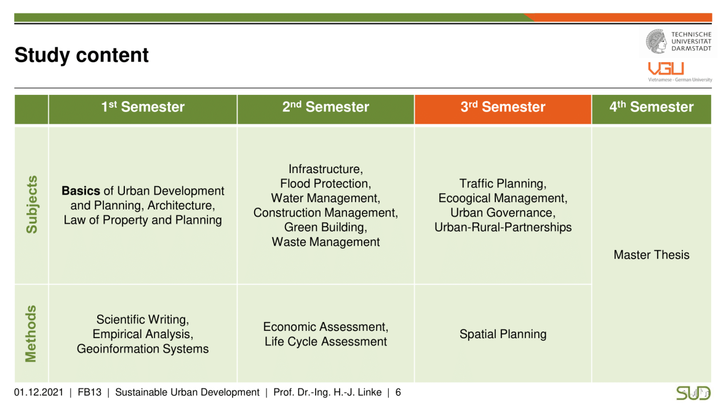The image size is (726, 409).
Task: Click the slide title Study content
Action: click(x=81, y=55)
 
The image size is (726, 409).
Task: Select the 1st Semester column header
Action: click(x=143, y=110)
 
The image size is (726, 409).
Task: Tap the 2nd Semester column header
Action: click(x=325, y=110)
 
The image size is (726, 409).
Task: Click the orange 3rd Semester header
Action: click(x=503, y=110)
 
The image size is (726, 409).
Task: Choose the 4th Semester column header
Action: click(x=652, y=110)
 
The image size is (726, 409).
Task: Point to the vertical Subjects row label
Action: click(x=31, y=204)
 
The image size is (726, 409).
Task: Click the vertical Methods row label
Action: click(x=31, y=334)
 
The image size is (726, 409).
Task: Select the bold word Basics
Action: click(x=81, y=190)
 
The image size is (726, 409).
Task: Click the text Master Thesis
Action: click(x=652, y=254)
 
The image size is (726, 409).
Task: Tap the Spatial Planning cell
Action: click(x=503, y=334)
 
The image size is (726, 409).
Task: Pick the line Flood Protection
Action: click(x=325, y=184)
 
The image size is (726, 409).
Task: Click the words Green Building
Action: click(x=325, y=227)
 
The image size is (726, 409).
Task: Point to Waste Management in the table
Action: click(x=325, y=242)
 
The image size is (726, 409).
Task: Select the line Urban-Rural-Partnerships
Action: click(x=503, y=227)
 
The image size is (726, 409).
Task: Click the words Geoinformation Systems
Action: click(x=143, y=349)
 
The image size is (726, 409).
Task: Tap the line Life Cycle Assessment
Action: click(x=325, y=342)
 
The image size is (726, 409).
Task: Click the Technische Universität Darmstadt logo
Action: click(x=679, y=41)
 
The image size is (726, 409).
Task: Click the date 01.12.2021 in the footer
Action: click(x=38, y=392)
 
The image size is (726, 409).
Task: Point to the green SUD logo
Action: click(x=693, y=393)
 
